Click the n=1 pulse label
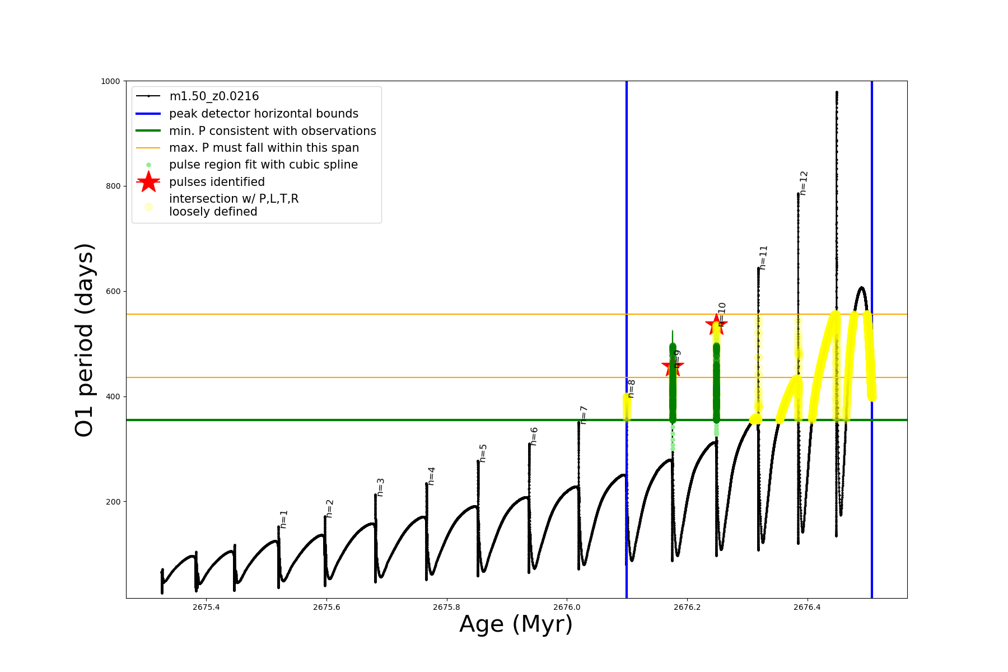click(x=284, y=519)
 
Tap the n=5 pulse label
click(x=483, y=453)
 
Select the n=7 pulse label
click(x=584, y=415)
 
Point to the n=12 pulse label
click(x=804, y=183)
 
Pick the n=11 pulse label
click(x=763, y=258)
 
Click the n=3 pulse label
click(x=381, y=487)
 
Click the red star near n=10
click(x=716, y=324)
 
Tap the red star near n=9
click(x=673, y=367)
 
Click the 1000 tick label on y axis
click(x=110, y=81)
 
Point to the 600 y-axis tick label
click(x=114, y=292)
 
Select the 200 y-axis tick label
click(x=114, y=502)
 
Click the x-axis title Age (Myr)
click(x=516, y=624)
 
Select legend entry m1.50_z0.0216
click(x=214, y=96)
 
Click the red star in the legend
click(x=148, y=182)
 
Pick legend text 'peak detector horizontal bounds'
click(x=264, y=114)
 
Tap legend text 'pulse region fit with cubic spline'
click(x=263, y=165)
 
